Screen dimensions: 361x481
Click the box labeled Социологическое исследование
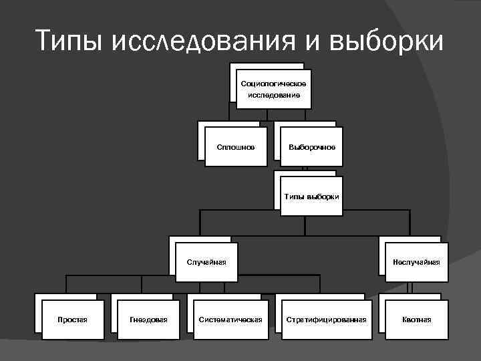[274, 88]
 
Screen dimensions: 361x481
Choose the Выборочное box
[311, 146]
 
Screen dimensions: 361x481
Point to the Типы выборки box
[311, 196]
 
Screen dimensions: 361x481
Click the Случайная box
[206, 261]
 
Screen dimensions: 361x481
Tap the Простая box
[72, 320]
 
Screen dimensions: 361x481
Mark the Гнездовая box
[148, 320]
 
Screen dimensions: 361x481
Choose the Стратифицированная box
[326, 320]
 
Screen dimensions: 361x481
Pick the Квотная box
[416, 320]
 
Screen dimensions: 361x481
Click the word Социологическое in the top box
[274, 83]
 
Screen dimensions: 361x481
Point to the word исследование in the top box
[274, 95]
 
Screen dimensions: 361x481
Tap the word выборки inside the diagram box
[325, 196]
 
